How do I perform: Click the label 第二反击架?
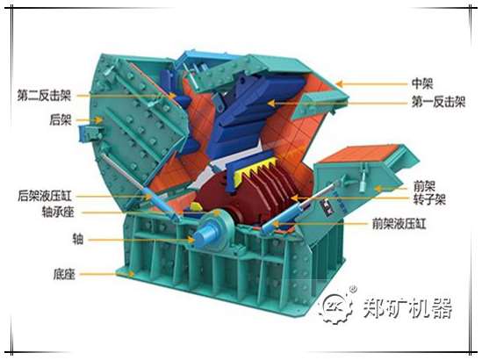44,96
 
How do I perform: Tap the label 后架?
61,119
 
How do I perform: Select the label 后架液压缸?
45,196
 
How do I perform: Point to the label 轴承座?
58,212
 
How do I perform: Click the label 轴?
78,239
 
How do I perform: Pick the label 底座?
64,274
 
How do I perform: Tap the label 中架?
422,83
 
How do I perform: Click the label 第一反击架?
439,102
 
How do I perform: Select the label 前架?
424,186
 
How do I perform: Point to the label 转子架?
429,199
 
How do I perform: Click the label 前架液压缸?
399,224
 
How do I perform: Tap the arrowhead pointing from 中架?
340,83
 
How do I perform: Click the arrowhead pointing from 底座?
132,273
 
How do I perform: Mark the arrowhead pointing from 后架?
98,119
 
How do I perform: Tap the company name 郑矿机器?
407,307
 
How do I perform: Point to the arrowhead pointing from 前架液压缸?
276,225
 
